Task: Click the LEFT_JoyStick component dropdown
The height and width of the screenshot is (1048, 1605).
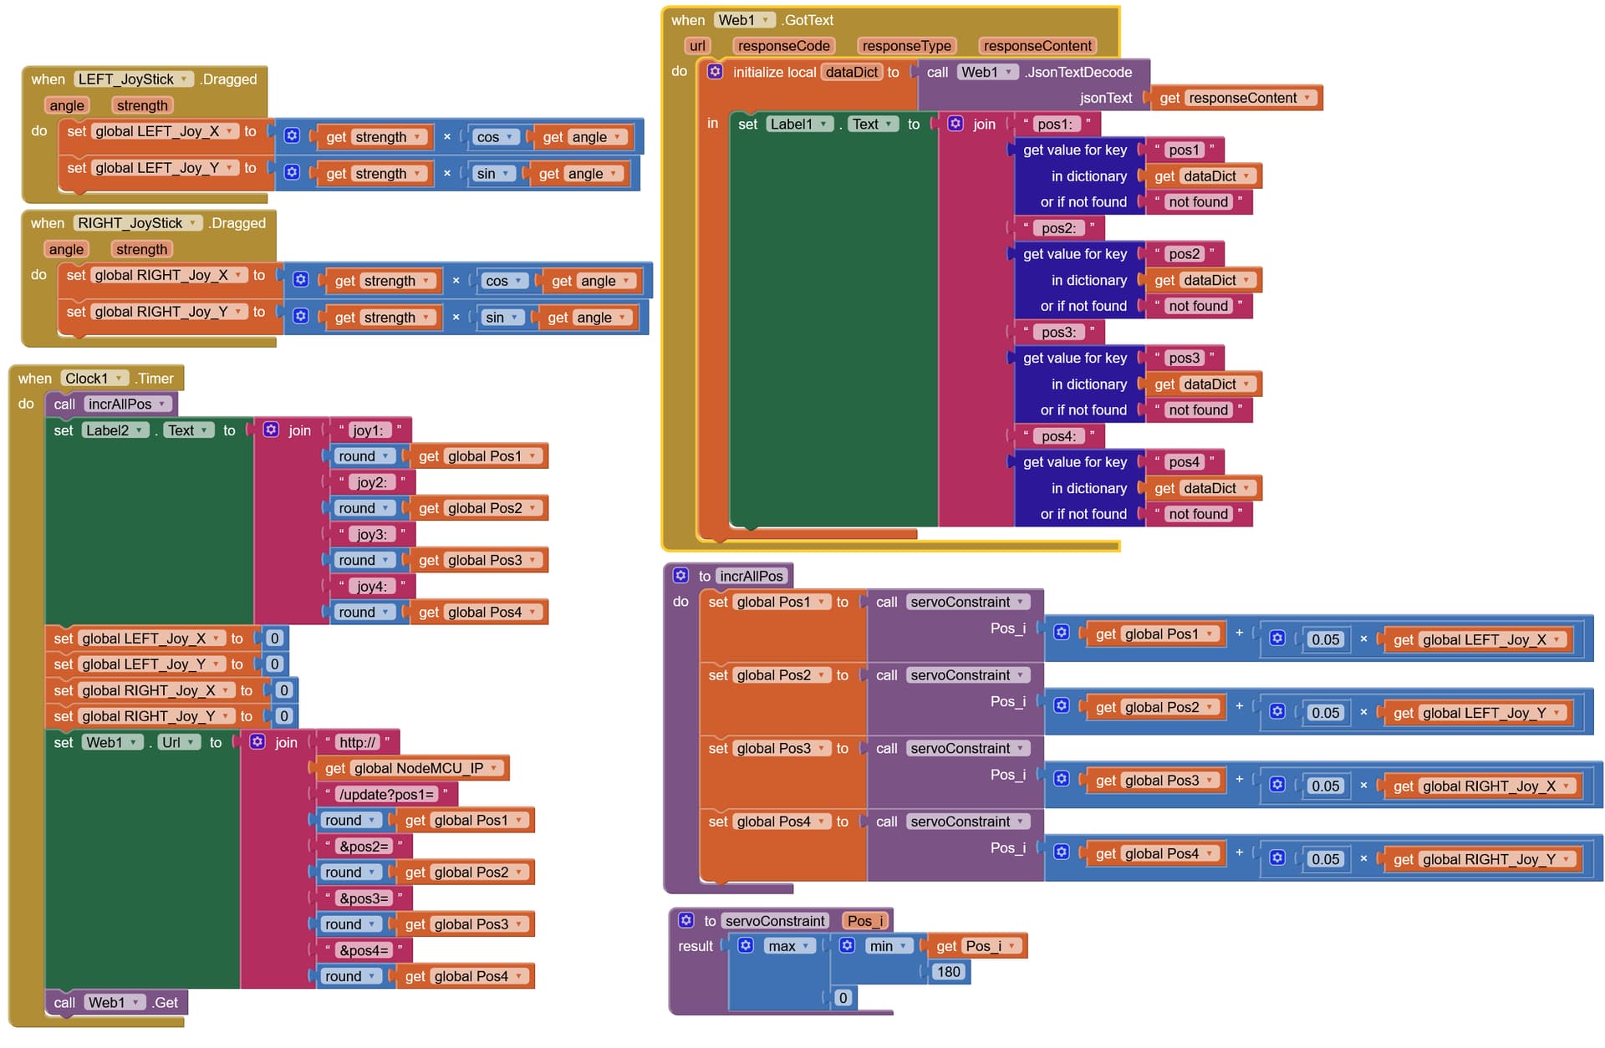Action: coord(133,79)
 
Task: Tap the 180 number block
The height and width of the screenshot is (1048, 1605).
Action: coord(948,972)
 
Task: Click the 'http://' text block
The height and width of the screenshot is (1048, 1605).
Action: coord(358,742)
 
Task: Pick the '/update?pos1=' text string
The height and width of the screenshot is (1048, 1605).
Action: coord(386,794)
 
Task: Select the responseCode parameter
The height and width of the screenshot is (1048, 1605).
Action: coord(783,46)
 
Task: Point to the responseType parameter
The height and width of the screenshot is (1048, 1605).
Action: coord(906,46)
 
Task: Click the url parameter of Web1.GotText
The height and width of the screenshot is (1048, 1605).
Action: coord(697,46)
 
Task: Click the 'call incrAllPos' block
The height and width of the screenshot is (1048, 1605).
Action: coord(111,404)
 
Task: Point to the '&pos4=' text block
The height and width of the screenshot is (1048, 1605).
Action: coord(364,950)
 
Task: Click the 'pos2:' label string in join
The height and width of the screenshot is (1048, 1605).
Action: coord(1057,228)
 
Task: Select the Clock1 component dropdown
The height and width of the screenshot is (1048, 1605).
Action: coord(94,379)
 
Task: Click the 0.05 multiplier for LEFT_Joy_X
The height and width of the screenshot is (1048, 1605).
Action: coord(1325,640)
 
